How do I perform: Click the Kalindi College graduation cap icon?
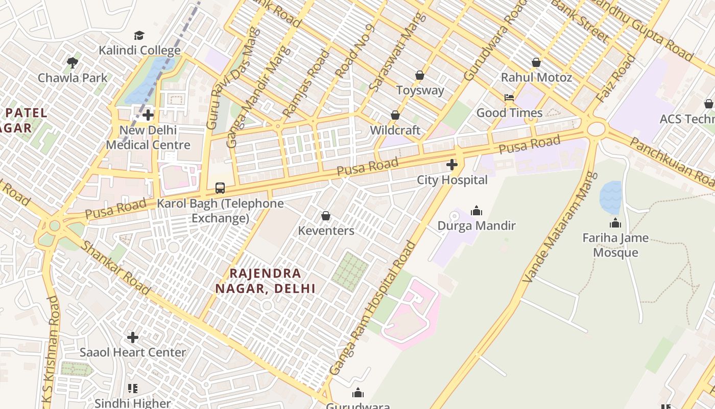click(x=139, y=35)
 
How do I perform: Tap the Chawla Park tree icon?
click(x=73, y=63)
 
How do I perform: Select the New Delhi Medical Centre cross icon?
click(x=148, y=115)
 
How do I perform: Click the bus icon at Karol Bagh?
click(x=220, y=188)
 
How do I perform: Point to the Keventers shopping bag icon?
click(x=326, y=216)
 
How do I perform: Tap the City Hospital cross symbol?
click(x=452, y=165)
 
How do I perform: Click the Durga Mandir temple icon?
click(x=476, y=211)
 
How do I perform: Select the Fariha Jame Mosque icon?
click(x=615, y=223)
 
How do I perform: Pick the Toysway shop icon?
click(x=420, y=75)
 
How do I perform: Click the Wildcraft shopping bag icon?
click(x=395, y=115)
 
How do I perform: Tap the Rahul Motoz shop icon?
click(x=536, y=62)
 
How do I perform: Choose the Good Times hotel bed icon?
click(x=509, y=98)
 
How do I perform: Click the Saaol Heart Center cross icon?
click(x=133, y=337)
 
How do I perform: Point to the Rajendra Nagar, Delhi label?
click(x=265, y=281)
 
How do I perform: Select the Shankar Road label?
click(x=116, y=268)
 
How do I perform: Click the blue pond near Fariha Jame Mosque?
click(x=610, y=197)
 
